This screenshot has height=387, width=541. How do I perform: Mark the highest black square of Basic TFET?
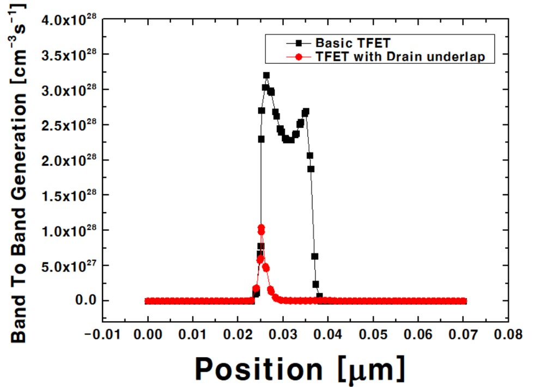pyautogui.click(x=266, y=76)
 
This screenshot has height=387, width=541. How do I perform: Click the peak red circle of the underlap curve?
pyautogui.click(x=261, y=228)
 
